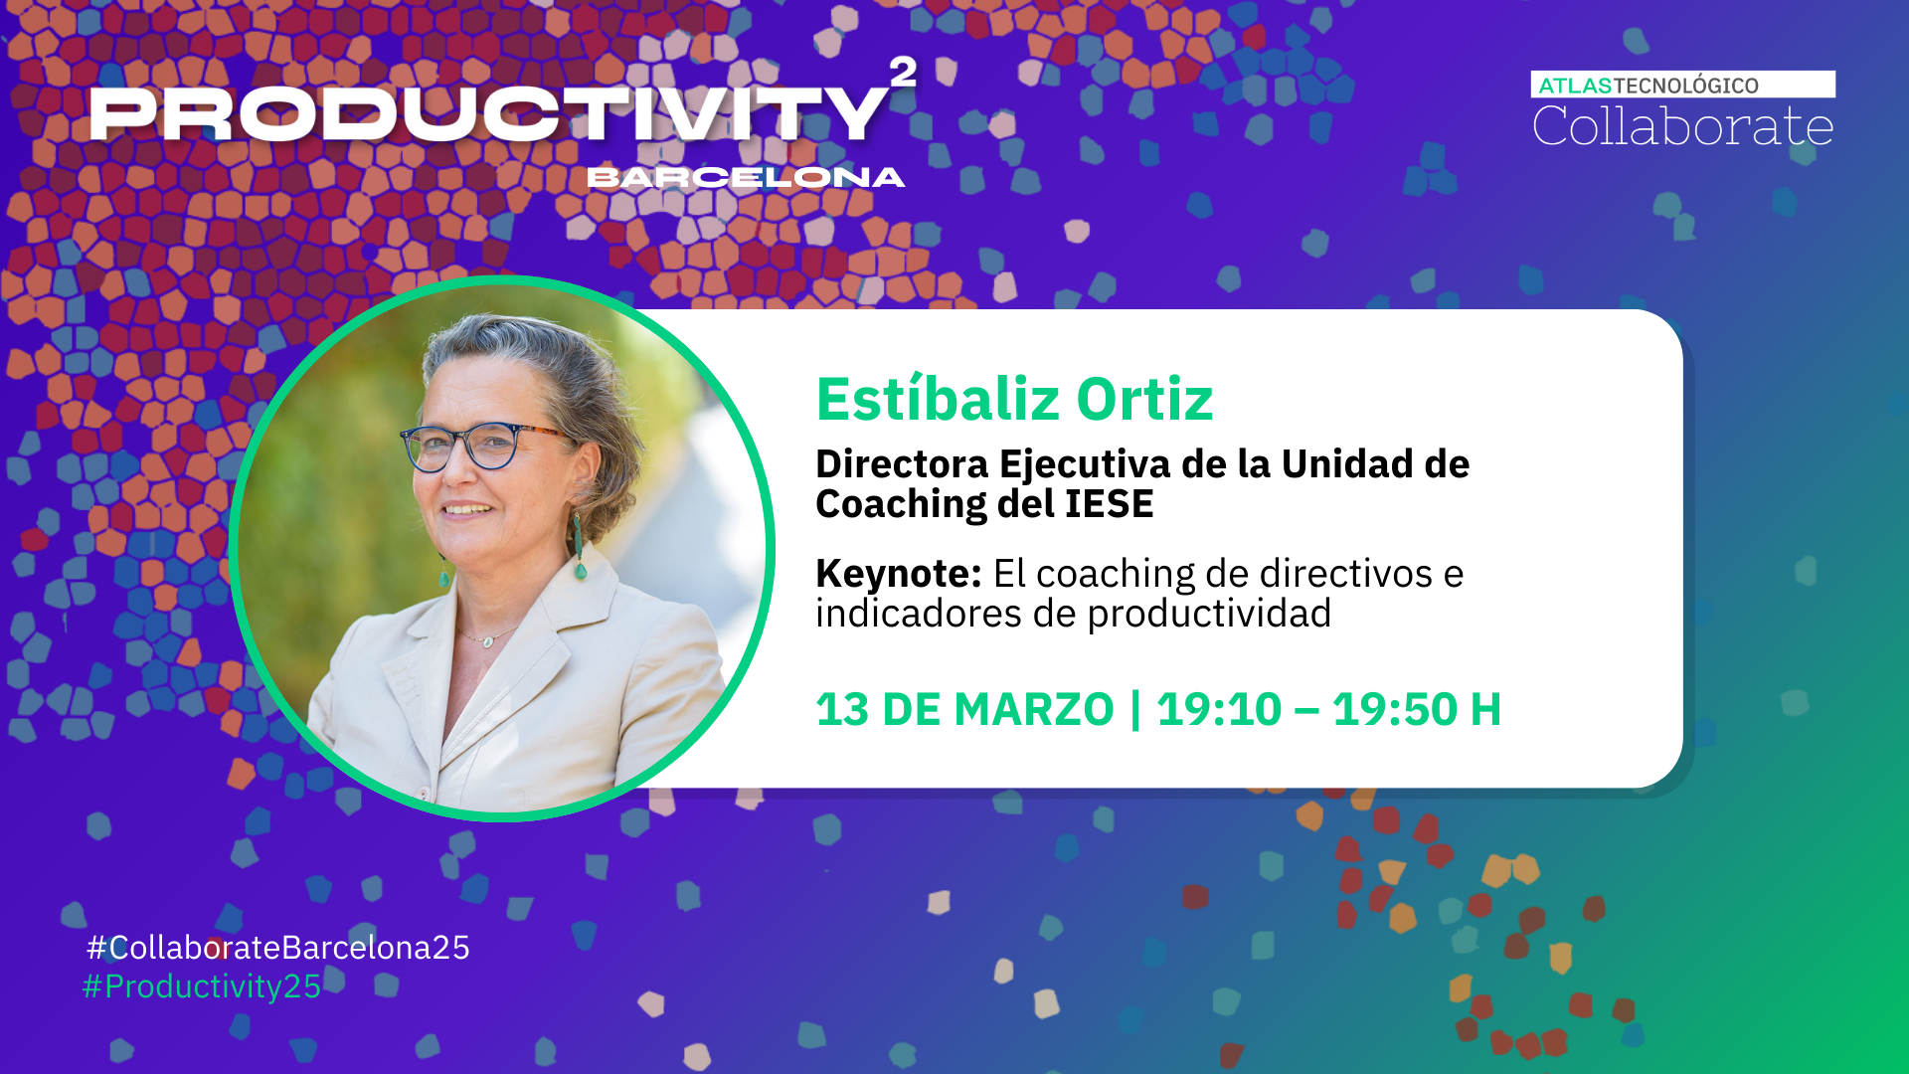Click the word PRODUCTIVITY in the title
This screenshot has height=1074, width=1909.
tap(487, 113)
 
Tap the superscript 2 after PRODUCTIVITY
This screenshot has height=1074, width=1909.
tap(903, 72)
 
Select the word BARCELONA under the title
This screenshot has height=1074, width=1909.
tap(746, 178)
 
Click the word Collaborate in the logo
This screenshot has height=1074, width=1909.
tap(1682, 127)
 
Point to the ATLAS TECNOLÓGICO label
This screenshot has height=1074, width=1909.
tap(1649, 86)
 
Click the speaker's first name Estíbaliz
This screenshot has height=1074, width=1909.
tap(938, 400)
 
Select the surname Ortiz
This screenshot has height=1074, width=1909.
tap(1144, 400)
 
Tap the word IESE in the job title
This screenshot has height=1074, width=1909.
tap(1109, 504)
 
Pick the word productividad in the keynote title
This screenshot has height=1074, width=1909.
tap(1209, 614)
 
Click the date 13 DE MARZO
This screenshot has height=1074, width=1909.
tap(964, 710)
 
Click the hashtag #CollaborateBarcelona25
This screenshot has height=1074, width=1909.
tap(278, 948)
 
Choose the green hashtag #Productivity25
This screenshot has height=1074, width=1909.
tap(202, 986)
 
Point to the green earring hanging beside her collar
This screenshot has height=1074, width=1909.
tap(578, 547)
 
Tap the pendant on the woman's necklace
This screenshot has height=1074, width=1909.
tap(487, 642)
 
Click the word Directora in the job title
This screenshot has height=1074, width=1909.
tap(902, 464)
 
